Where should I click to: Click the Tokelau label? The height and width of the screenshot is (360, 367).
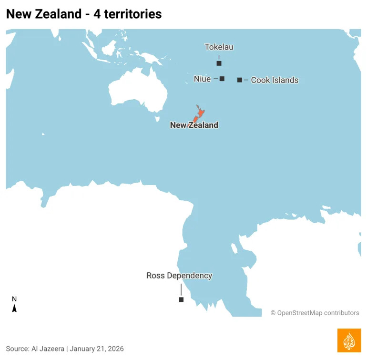[219, 47]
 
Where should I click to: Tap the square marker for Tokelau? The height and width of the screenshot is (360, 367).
[219, 63]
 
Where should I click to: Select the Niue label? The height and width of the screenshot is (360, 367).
[202, 79]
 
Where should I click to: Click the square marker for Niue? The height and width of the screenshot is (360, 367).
[222, 79]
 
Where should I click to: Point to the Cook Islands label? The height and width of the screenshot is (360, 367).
[275, 80]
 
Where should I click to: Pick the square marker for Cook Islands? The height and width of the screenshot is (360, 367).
[240, 80]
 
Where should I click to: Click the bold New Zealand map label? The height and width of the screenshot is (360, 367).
[194, 125]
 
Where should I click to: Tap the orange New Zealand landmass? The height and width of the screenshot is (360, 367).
[201, 113]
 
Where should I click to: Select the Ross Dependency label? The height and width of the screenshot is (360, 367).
[179, 276]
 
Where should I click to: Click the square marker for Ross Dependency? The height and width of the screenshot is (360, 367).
[181, 299]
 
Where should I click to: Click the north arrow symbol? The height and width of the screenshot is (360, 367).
[14, 309]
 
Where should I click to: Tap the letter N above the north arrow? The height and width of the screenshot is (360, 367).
[14, 299]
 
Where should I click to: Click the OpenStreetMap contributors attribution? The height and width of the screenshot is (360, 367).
[315, 313]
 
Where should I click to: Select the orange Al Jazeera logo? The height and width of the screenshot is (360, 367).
[349, 340]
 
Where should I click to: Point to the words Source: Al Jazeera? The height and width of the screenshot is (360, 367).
[35, 349]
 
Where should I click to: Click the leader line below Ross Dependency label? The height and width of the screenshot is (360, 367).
[181, 289]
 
